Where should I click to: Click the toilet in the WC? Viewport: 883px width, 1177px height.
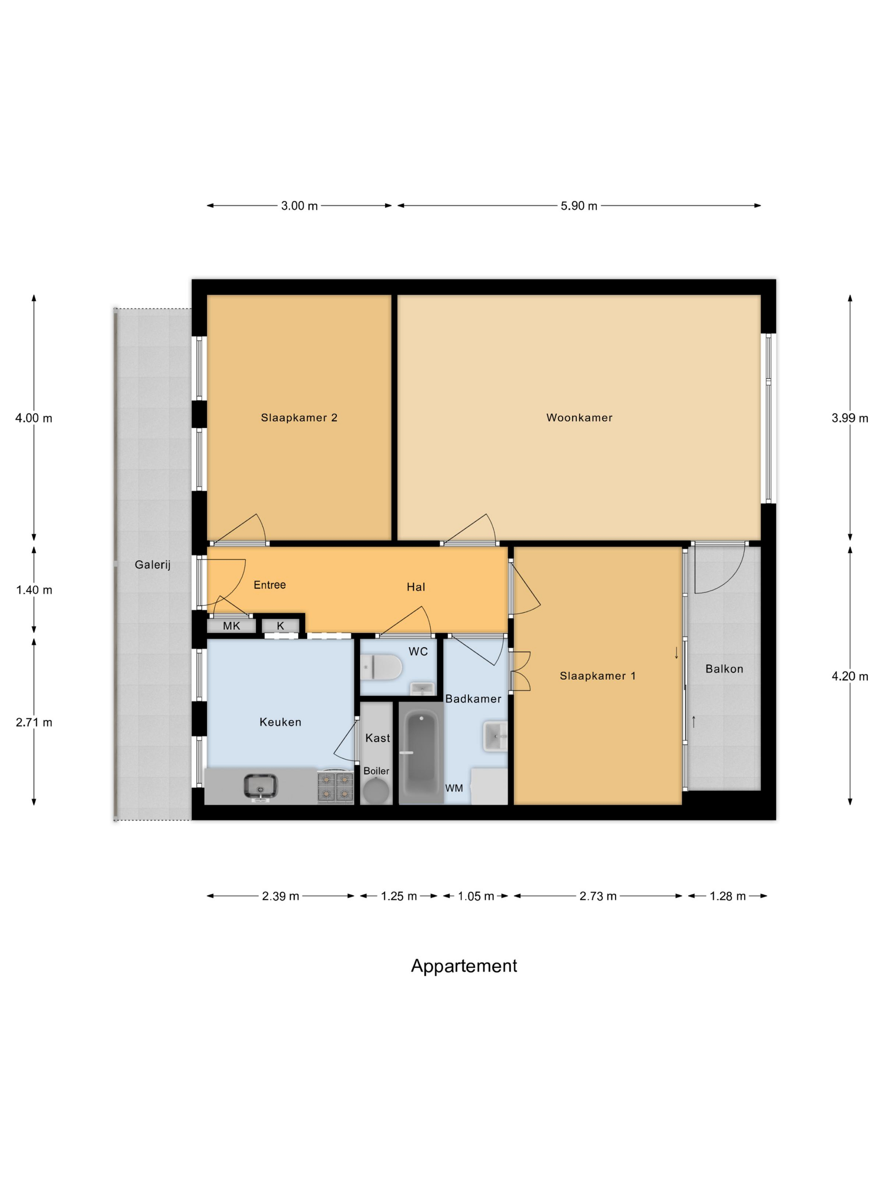381,667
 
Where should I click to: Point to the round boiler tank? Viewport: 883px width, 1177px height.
376,791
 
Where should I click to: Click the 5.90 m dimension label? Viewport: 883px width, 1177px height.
579,206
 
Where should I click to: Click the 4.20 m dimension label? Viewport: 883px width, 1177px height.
849,676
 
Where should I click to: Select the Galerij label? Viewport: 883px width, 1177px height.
152,565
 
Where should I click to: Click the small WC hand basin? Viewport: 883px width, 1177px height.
422,689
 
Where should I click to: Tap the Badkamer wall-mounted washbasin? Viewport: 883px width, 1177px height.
495,736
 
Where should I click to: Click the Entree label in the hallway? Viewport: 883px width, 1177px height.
270,585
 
